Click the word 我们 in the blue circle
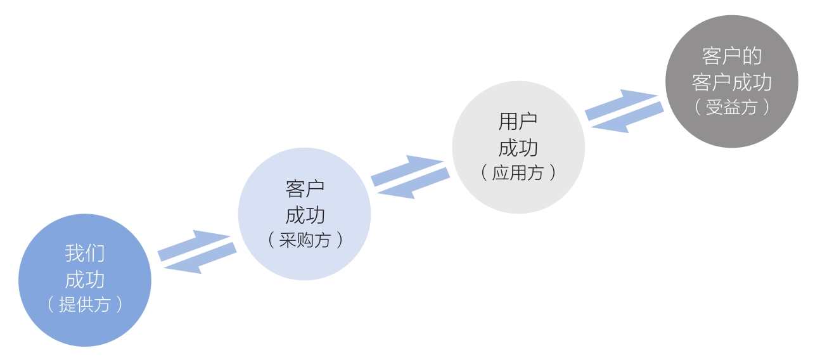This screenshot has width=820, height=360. (85, 254)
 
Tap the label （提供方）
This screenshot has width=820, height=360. (85, 304)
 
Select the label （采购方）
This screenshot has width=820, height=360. (305, 240)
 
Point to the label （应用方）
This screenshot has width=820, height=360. (518, 172)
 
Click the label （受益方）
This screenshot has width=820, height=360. (732, 107)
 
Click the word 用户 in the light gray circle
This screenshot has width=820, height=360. (518, 121)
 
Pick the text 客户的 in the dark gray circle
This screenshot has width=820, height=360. (732, 56)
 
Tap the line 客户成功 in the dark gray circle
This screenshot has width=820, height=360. (732, 82)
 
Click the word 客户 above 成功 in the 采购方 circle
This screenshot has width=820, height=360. (305, 188)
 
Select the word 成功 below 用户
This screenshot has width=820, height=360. (518, 147)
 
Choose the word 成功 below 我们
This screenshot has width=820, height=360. (85, 280)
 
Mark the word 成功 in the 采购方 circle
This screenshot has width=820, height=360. (305, 215)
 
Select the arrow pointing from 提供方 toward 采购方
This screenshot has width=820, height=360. (193, 244)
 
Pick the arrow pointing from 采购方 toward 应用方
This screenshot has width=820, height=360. (406, 169)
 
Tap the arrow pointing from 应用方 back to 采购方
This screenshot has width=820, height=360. (413, 184)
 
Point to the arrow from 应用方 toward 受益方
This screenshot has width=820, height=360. (620, 103)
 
